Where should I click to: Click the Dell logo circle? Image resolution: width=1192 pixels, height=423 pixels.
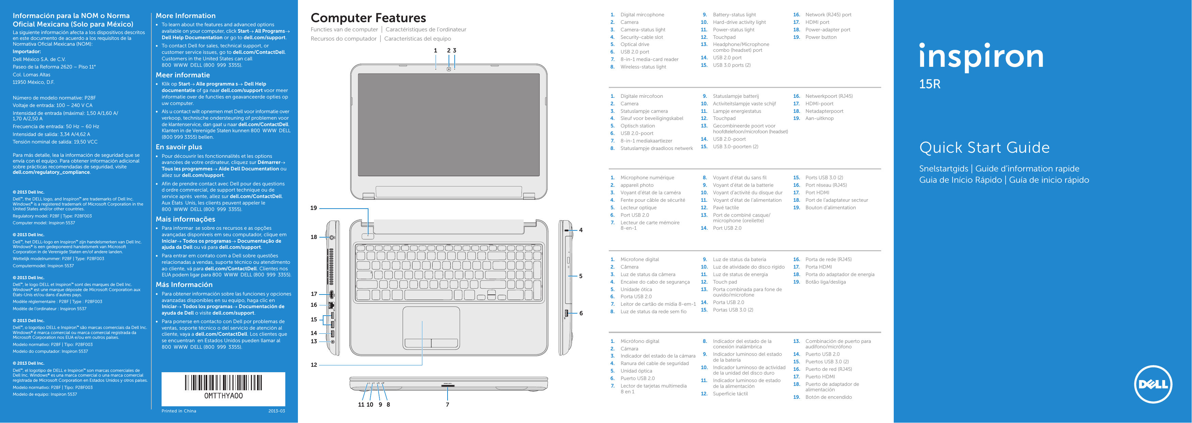[1153, 384]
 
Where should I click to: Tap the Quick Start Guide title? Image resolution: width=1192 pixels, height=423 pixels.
[984, 148]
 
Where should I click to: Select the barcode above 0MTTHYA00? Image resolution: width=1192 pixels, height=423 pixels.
[224, 383]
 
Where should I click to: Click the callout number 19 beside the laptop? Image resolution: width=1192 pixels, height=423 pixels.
[314, 208]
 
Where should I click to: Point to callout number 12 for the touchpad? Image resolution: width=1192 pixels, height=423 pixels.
[314, 365]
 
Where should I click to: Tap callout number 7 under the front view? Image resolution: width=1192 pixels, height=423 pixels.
[448, 405]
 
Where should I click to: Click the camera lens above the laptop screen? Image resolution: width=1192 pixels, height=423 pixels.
[449, 69]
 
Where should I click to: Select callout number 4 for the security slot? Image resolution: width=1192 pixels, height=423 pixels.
[581, 230]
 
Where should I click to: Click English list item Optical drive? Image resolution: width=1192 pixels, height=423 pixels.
[634, 44]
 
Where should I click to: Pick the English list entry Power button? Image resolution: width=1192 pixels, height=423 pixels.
[820, 37]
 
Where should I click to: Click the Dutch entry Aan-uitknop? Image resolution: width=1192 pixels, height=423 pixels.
[819, 119]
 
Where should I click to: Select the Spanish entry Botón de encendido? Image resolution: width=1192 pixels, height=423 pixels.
[828, 397]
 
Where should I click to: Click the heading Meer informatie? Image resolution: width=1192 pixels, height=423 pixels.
[182, 75]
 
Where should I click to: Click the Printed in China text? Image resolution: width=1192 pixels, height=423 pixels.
[179, 411]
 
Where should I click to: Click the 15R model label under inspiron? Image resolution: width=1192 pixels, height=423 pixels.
[929, 84]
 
